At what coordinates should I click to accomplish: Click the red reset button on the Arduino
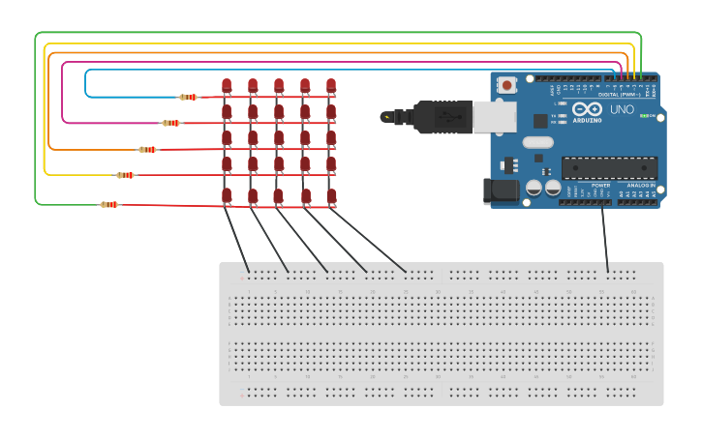tap(505, 86)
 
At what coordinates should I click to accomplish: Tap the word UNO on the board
tap(622, 110)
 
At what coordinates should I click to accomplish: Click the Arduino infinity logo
tap(586, 109)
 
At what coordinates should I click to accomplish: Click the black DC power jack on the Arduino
tap(504, 190)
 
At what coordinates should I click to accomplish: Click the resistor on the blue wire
tap(189, 97)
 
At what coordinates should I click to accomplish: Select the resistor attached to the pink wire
tap(171, 123)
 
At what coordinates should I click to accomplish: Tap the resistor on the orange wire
tap(148, 150)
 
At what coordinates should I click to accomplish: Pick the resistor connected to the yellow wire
tap(126, 175)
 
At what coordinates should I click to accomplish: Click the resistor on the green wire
tap(109, 204)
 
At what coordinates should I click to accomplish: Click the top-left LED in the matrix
tap(227, 86)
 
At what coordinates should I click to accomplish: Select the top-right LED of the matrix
tap(331, 86)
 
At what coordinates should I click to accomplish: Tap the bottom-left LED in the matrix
tap(227, 196)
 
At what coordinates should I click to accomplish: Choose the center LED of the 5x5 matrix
tap(279, 139)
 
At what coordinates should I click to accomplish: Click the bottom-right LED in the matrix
tap(331, 196)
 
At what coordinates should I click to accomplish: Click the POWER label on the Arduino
tap(600, 184)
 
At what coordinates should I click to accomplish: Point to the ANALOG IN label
tap(640, 184)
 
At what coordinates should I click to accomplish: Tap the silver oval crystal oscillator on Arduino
tap(536, 143)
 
